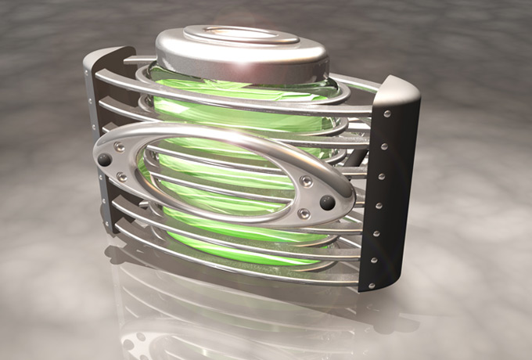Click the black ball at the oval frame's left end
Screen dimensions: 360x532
[104, 160]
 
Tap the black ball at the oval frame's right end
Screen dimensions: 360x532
[327, 203]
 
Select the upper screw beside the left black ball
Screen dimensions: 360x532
[119, 146]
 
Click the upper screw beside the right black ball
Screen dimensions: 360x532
[307, 182]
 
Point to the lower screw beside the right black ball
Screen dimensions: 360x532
[304, 214]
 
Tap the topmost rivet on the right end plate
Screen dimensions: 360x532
[388, 114]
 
